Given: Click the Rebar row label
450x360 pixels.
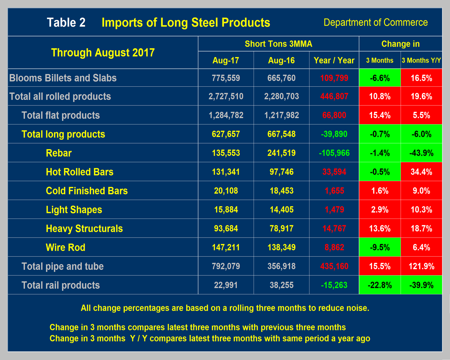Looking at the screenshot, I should pos(59,153).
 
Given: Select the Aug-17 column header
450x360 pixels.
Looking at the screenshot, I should pos(226,60).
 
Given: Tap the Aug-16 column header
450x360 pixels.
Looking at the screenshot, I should pos(281,60).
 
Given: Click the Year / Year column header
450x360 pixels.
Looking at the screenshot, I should pos(334,60).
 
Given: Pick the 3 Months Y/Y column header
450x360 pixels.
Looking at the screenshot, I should pos(421,60).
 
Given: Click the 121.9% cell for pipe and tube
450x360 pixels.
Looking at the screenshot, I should pos(421,266).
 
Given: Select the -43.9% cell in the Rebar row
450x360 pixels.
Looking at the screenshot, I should pos(421,153).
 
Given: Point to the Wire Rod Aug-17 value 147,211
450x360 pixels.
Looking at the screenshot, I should pos(226,248).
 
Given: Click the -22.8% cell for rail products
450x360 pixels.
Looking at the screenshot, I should pos(380,285).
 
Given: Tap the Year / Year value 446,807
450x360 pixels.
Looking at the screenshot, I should pos(334,96).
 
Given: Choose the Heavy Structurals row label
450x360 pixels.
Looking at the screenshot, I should pos(84,229).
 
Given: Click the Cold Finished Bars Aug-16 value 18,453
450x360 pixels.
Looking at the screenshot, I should pos(281,191).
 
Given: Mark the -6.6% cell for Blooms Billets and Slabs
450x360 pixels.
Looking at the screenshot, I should pos(380,78).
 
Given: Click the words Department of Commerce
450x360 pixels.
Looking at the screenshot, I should pos(376,22).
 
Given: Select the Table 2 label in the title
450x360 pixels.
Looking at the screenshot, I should pos(66,22).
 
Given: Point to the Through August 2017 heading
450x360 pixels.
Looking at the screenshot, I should pos(103,53).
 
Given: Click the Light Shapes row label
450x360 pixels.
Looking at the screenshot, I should pos(74,210).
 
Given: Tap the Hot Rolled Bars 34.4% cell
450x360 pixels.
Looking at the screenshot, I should pos(421,172).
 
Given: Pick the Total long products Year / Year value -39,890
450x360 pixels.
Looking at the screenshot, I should pos(334,134).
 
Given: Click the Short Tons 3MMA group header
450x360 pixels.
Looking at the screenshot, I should pos(278,44).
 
